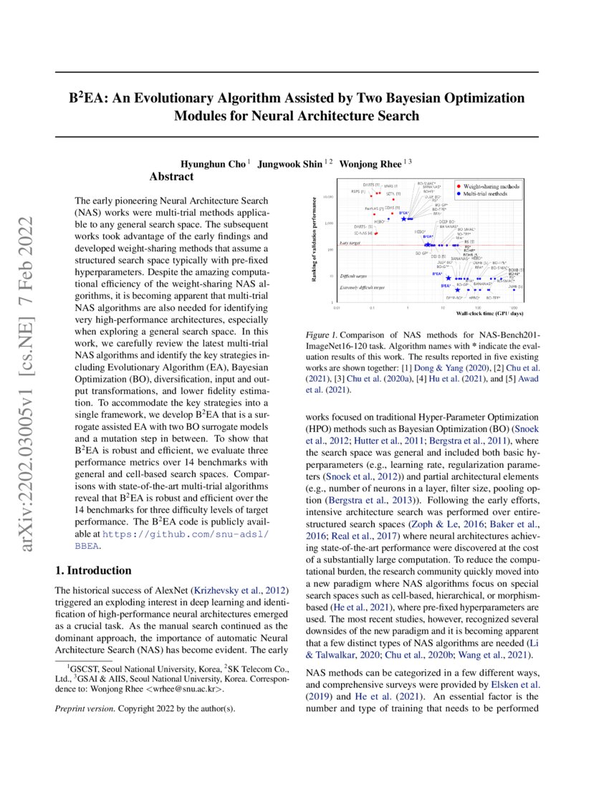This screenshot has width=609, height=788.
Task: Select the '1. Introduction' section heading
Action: pos(93,570)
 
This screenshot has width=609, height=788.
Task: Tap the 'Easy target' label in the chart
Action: pos(350,244)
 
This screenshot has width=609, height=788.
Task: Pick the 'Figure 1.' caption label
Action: pos(321,335)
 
